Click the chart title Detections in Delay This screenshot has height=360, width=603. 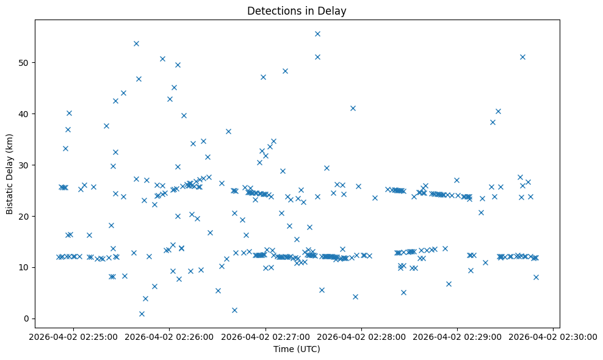(297, 10)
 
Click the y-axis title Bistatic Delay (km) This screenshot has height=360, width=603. (10, 173)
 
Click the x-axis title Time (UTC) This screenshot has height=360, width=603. (297, 349)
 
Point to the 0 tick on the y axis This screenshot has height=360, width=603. (26, 319)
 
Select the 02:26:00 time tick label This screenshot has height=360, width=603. (169, 337)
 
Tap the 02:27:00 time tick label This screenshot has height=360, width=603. (265, 337)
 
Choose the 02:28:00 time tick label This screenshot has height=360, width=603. (361, 337)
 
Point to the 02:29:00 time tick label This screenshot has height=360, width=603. (457, 337)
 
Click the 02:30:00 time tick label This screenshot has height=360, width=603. (553, 337)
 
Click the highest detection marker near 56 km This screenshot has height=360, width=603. (317, 34)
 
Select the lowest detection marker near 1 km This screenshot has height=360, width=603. (142, 314)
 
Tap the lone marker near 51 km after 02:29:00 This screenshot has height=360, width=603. (522, 57)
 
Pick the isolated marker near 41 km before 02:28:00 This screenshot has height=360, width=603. (353, 108)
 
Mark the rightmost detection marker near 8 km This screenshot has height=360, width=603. (536, 277)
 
